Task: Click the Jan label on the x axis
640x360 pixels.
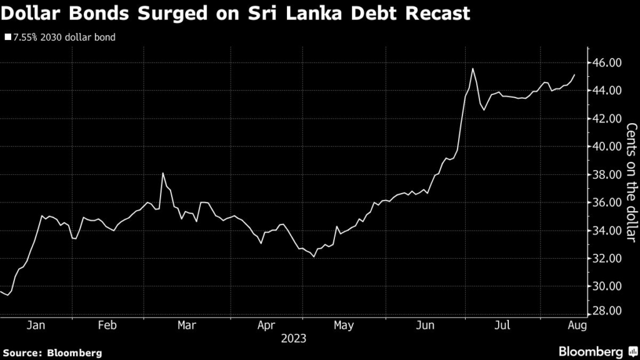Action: (x=36, y=325)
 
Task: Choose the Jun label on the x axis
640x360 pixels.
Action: (x=425, y=325)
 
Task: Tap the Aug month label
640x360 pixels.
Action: (x=576, y=325)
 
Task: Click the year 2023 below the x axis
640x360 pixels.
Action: (x=293, y=339)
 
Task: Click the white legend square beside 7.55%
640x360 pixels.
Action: (x=7, y=37)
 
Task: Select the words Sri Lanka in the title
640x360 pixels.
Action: (x=303, y=13)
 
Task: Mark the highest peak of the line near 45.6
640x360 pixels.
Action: (x=472, y=68)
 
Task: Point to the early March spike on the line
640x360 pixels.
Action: (x=162, y=172)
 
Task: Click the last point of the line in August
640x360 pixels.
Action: (x=575, y=74)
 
